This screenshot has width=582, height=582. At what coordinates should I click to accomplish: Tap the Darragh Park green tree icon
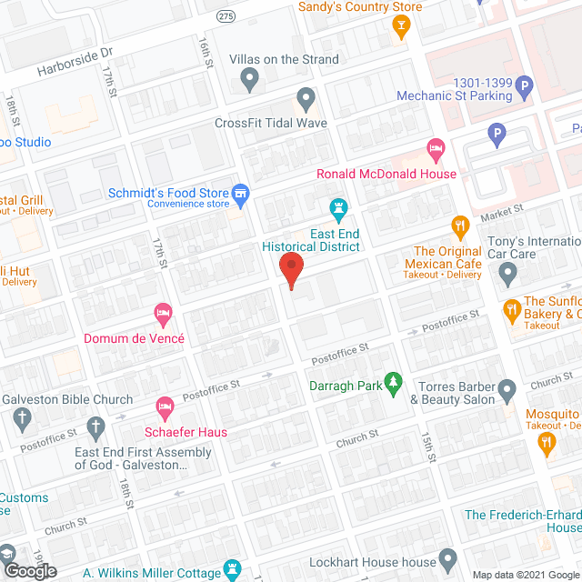click(x=394, y=384)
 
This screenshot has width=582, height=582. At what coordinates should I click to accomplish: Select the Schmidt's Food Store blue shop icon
click(x=240, y=192)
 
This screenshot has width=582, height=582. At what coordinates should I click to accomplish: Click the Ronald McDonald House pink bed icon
click(x=436, y=146)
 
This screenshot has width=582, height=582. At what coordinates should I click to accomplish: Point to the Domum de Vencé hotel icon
click(x=164, y=314)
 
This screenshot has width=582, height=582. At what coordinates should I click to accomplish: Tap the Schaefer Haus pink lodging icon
click(x=165, y=406)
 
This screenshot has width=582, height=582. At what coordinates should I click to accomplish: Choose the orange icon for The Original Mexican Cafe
click(x=460, y=225)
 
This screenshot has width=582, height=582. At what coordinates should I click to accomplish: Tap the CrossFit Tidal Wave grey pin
click(x=306, y=97)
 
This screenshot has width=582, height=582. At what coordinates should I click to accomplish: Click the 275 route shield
click(x=225, y=16)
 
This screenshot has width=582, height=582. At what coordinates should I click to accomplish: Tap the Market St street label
click(x=502, y=211)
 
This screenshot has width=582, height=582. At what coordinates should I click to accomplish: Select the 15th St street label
click(x=426, y=449)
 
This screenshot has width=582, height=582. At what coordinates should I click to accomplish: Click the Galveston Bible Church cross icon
click(x=23, y=418)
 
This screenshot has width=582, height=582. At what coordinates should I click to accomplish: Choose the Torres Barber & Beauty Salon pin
click(x=508, y=389)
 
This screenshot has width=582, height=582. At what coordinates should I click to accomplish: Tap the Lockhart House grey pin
click(x=447, y=557)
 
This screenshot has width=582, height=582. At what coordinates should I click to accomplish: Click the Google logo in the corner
click(x=29, y=570)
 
